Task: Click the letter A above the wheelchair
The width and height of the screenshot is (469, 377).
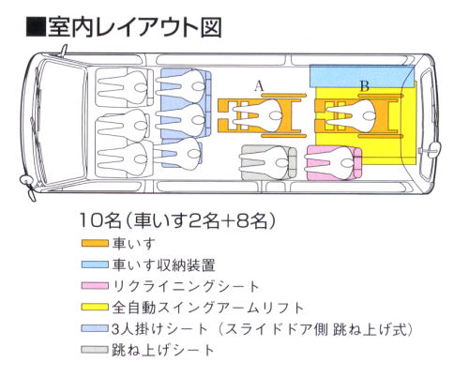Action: coord(259,85)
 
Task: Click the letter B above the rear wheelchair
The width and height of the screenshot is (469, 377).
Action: coord(365,85)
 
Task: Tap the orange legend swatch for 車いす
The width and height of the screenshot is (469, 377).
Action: coord(95,243)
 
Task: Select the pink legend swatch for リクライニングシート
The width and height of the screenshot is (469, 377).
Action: coord(95,286)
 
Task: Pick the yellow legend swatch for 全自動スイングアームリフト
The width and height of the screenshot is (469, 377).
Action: coord(95,307)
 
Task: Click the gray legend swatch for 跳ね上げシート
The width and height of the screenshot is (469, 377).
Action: coord(95,349)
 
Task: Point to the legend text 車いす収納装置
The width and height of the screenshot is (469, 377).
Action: coord(164,265)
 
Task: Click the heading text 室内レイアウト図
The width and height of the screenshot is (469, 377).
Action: coord(135,27)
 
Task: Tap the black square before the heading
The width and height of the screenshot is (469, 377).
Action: coord(36,28)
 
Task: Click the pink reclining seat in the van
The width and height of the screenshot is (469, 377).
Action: coord(334,163)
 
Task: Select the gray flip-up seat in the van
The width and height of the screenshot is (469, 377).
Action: coord(269,162)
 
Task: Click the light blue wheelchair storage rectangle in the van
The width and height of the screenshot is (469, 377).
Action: coord(362,77)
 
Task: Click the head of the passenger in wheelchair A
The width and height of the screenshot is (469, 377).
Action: coord(276,116)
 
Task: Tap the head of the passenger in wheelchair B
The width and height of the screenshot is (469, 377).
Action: coord(369,116)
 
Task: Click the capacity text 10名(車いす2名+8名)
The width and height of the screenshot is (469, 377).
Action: coord(177,220)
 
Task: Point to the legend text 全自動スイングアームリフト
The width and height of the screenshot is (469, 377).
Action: coord(208,308)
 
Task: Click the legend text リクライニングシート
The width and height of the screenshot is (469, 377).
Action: coord(186,286)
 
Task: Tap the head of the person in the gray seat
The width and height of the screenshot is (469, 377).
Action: coord(282,162)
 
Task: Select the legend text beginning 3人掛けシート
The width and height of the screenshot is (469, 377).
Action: coord(262,329)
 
